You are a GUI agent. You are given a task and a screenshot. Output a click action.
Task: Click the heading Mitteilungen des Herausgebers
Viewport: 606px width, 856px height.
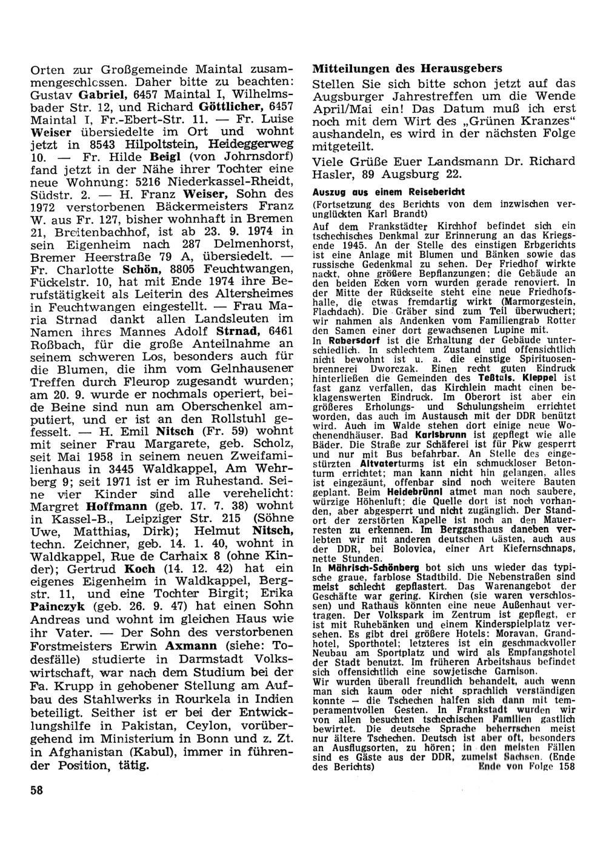tap(407, 68)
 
